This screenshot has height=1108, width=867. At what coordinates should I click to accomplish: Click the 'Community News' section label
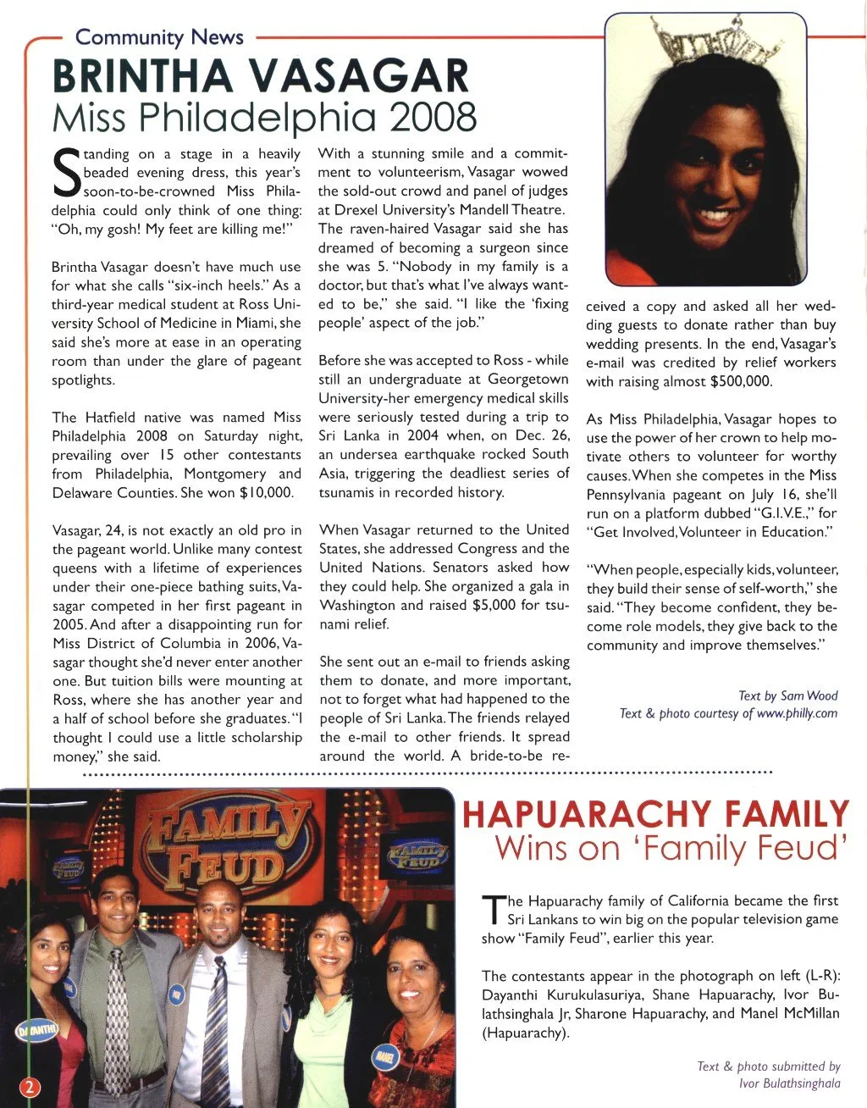tap(159, 37)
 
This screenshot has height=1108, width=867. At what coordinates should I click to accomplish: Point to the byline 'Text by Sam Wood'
tap(787, 695)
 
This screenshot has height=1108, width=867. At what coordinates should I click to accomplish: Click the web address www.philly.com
tap(797, 713)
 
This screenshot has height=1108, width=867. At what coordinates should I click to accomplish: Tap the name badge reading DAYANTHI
tap(35, 1029)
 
